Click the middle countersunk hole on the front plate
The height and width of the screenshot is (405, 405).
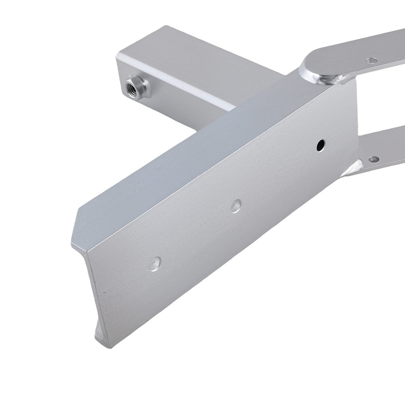[x=236, y=206]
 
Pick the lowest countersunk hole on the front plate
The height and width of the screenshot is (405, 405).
[x=155, y=264]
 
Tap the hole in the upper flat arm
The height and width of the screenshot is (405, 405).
[x=370, y=60]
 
